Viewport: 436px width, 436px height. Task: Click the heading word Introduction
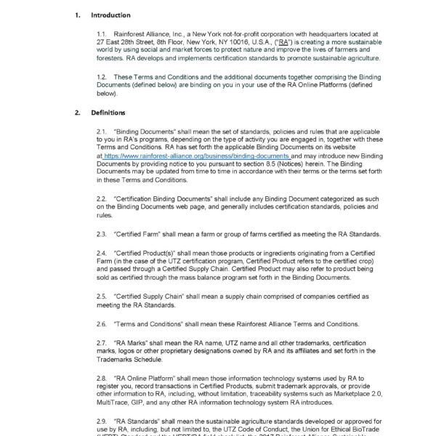[110, 15]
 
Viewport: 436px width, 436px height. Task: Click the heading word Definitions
[108, 113]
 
